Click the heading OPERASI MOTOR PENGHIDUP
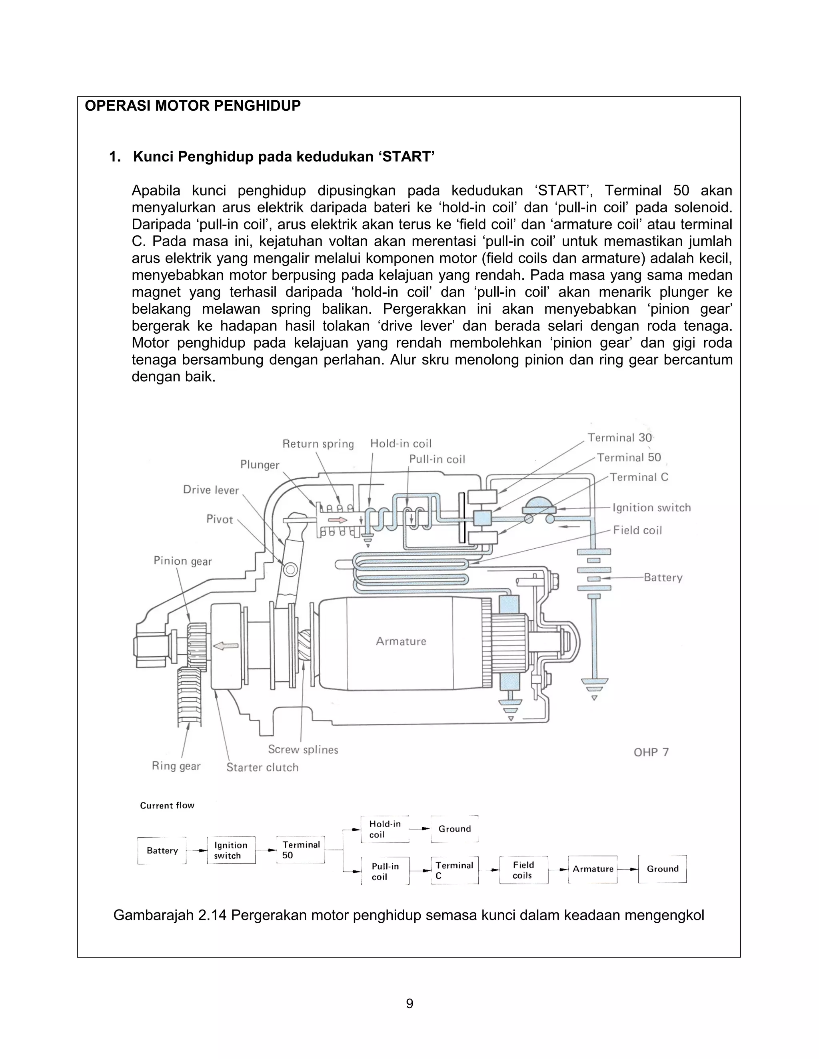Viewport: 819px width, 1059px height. click(x=193, y=106)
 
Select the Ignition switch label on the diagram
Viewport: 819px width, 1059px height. click(x=651, y=508)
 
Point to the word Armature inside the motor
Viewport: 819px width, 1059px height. click(x=401, y=641)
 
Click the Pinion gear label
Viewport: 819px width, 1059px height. click(x=182, y=561)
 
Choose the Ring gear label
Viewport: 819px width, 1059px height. click(x=176, y=766)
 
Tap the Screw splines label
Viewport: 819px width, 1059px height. click(x=303, y=749)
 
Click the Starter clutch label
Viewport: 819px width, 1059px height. click(x=262, y=767)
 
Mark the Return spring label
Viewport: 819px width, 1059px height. click(x=318, y=444)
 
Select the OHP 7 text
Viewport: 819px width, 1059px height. click(x=651, y=752)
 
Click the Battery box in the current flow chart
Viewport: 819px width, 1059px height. click(x=162, y=850)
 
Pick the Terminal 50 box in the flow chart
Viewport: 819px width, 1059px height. click(x=300, y=850)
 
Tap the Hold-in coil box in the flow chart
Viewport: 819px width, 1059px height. click(x=385, y=829)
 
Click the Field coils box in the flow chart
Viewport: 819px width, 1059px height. click(x=523, y=870)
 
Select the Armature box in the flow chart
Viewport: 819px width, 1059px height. click(x=592, y=869)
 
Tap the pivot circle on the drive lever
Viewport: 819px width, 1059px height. click(x=290, y=569)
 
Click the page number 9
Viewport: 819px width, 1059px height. click(x=409, y=1003)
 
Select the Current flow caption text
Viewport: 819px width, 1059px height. click(x=167, y=805)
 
